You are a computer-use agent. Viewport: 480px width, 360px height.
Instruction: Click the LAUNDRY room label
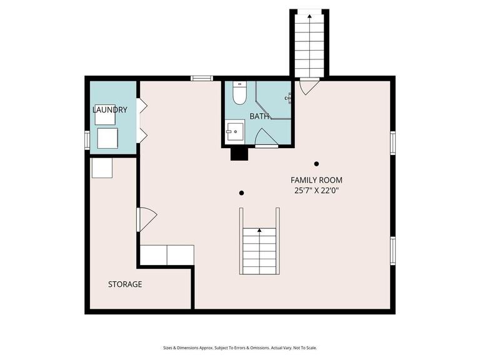[110, 110]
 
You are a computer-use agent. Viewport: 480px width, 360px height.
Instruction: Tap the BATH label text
[259, 116]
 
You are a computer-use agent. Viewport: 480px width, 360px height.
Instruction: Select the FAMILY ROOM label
[316, 180]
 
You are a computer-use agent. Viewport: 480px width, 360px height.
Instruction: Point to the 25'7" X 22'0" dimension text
[316, 191]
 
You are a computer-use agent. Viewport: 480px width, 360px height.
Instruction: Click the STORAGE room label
[125, 284]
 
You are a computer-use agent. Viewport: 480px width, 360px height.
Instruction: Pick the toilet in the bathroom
[239, 94]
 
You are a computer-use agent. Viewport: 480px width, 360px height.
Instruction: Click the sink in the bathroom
[236, 132]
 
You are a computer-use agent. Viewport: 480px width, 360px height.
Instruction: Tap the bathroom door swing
[262, 137]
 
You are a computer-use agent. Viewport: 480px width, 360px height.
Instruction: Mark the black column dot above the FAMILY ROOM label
[317, 164]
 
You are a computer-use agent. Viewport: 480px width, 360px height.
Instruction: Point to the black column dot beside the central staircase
[242, 192]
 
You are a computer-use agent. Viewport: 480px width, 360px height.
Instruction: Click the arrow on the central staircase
[259, 231]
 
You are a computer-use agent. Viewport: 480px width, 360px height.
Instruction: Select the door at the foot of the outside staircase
[308, 86]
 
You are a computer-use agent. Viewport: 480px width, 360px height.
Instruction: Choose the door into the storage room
[146, 219]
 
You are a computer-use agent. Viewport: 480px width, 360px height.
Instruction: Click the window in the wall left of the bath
[202, 78]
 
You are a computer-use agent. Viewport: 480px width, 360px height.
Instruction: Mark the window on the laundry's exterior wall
[87, 140]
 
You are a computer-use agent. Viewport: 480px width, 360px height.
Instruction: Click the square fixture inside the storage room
[102, 167]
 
